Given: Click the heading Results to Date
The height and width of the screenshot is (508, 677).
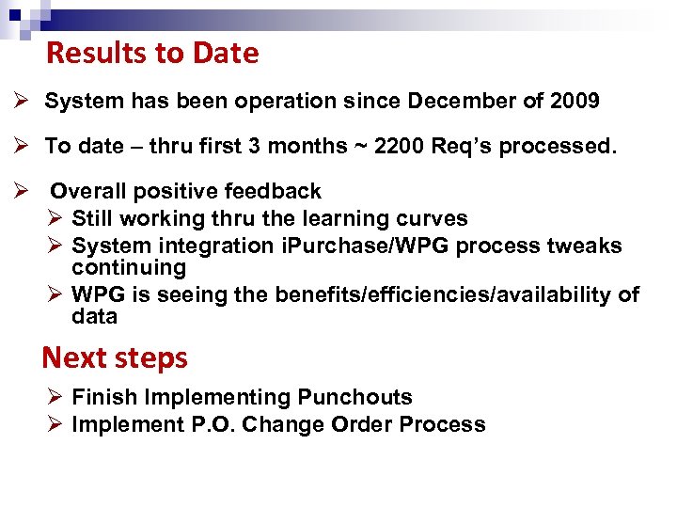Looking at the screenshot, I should click(152, 54).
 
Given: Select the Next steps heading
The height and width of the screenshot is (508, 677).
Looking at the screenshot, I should click(115, 357).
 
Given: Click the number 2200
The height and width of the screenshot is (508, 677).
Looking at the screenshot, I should click(401, 146).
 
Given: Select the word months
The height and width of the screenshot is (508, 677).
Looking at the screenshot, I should click(307, 146).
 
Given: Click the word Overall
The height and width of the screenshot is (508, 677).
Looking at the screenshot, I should click(86, 192).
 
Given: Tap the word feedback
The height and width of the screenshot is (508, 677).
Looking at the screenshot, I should click(276, 192).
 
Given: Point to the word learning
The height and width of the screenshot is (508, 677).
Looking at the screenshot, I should click(354, 218).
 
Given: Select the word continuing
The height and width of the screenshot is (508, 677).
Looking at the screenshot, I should click(129, 267).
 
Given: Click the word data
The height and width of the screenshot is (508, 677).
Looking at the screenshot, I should click(94, 317).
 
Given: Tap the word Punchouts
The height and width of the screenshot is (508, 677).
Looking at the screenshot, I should click(354, 398).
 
